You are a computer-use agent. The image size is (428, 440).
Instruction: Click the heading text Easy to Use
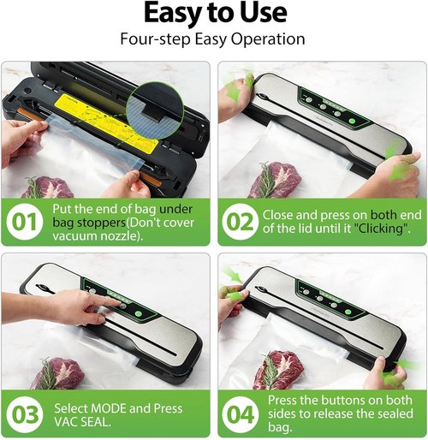click(x=213, y=15)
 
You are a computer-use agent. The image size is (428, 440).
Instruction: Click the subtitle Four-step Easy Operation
click(x=213, y=39)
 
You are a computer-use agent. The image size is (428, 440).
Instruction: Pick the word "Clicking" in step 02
click(x=382, y=229)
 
